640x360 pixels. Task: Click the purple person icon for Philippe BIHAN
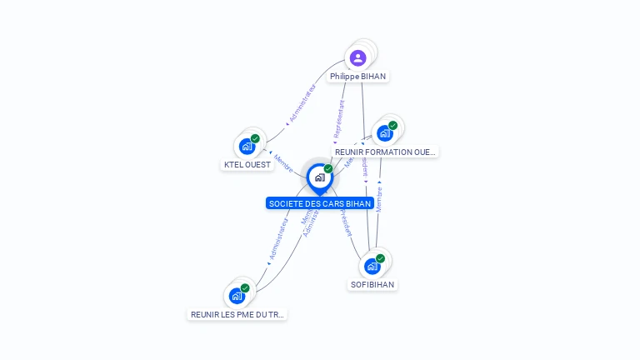(x=357, y=57)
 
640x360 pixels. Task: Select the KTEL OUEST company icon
(x=247, y=147)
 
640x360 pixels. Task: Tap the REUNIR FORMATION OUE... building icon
(x=384, y=133)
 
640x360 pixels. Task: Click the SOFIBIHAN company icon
(x=372, y=267)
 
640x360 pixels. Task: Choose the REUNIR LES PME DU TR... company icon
(x=237, y=296)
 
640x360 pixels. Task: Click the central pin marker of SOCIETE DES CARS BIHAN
(x=319, y=177)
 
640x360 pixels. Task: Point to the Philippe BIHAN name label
(x=357, y=76)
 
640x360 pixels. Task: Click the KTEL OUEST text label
(x=247, y=164)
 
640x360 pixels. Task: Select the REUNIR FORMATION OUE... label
(x=385, y=152)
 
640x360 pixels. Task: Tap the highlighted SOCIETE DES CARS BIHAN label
(x=320, y=203)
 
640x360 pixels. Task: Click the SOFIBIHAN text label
(x=372, y=284)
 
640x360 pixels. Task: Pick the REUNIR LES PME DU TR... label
(x=237, y=314)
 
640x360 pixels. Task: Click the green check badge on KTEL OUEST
(x=255, y=138)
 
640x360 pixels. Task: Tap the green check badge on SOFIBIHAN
(x=380, y=258)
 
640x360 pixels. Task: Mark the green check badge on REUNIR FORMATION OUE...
(x=392, y=125)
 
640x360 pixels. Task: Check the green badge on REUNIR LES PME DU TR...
(x=245, y=287)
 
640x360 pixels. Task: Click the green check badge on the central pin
(x=328, y=168)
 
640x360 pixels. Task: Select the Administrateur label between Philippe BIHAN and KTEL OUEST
(x=301, y=103)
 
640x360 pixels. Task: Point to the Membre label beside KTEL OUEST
(x=283, y=162)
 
